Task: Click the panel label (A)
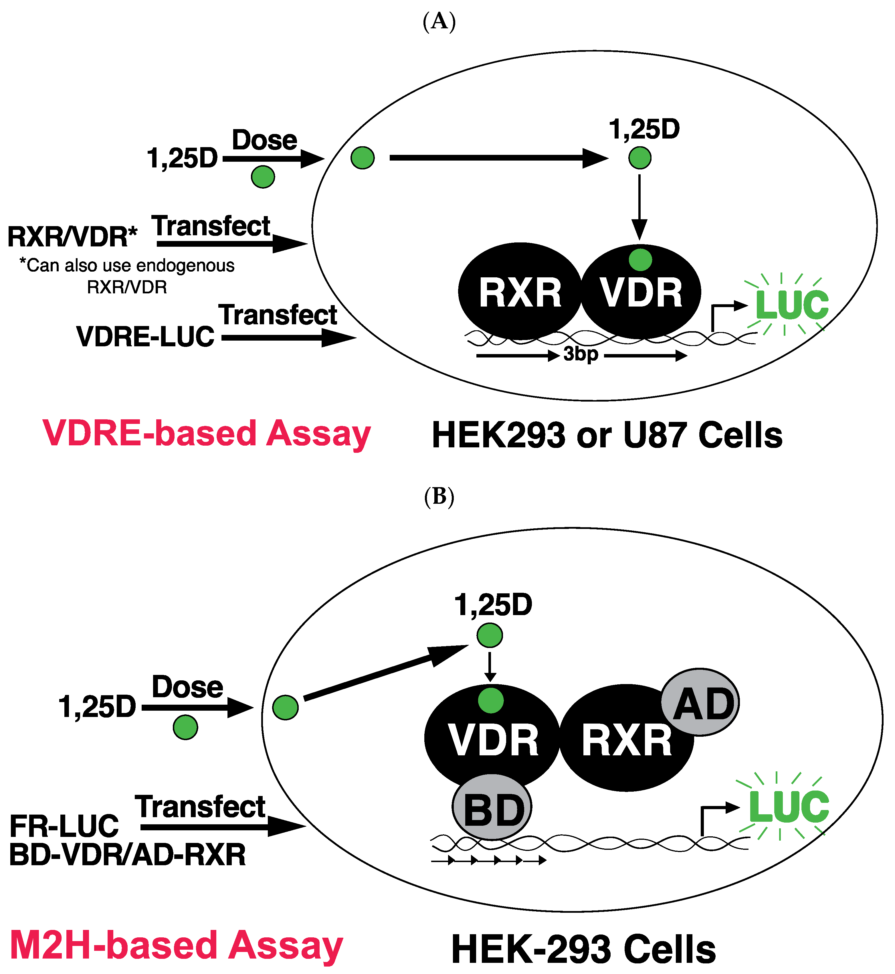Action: [439, 22]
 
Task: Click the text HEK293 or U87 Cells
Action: [607, 435]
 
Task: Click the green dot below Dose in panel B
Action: [185, 727]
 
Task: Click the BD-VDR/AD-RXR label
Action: [127, 855]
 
